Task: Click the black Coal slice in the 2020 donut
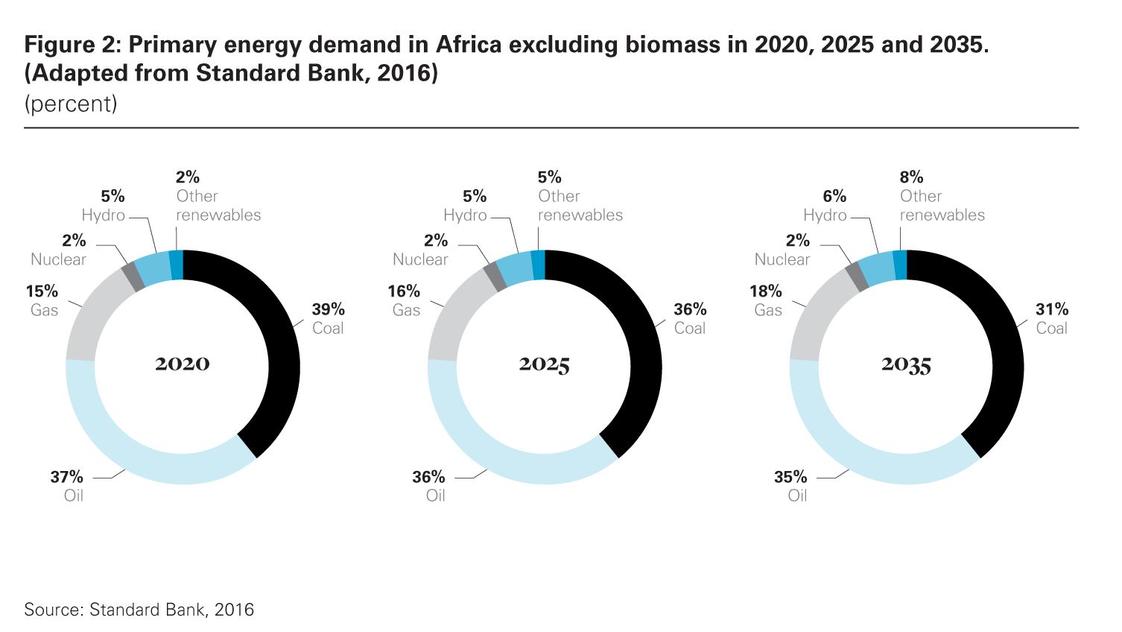283,350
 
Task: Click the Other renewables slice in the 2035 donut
900,265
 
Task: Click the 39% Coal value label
328,309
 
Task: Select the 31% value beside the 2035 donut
1052,309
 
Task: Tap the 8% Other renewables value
911,177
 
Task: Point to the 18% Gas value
766,291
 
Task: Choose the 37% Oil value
67,477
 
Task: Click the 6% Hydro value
834,197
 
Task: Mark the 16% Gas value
404,291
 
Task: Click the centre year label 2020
183,364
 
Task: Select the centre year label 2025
545,364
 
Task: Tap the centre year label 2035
906,364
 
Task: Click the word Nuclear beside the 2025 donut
420,259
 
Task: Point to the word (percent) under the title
71,104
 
